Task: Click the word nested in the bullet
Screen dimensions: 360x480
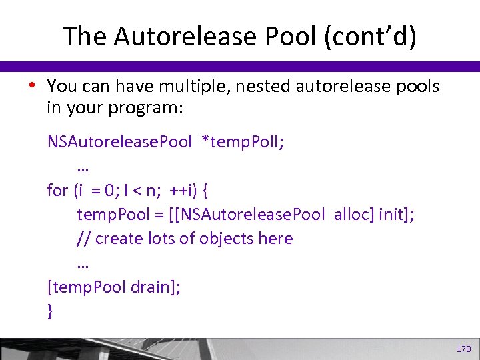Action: (x=266, y=87)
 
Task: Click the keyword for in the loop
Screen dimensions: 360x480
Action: (x=57, y=191)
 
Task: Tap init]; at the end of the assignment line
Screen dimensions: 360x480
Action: (x=395, y=215)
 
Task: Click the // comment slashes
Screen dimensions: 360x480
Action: (x=84, y=239)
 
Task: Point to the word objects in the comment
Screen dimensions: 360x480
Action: (x=204, y=239)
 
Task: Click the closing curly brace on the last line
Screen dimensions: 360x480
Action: (x=50, y=311)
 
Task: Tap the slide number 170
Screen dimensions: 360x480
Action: (x=463, y=349)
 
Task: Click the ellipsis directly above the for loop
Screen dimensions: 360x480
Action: (x=83, y=167)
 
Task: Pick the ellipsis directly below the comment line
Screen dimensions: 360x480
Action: (x=83, y=263)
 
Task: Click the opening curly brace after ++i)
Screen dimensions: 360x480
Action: (x=205, y=191)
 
